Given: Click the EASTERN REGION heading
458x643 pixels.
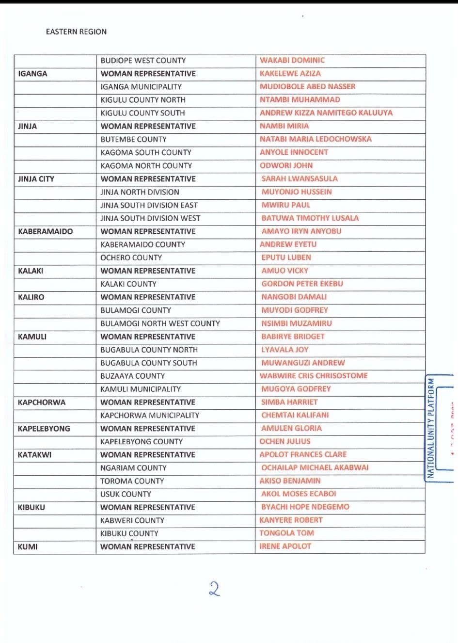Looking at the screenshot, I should pos(76,32).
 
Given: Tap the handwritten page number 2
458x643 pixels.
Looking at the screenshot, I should pos(214,589).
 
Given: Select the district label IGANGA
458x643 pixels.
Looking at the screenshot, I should pos(32,74).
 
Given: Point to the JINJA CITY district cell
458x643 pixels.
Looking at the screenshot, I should pos(36,179).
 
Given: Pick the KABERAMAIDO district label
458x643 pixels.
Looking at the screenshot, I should pos(45,231).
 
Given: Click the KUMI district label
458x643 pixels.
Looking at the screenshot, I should pos(28,547).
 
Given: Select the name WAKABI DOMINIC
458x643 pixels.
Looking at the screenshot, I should pos(292,60).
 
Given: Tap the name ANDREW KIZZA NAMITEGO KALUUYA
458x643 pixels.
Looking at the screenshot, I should pos(326,113).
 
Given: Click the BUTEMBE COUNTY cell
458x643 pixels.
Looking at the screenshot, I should pos(133,139).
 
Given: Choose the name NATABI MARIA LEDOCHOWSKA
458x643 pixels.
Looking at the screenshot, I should pos(315,139).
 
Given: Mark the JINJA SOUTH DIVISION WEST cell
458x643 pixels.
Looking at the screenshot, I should pos(150,218).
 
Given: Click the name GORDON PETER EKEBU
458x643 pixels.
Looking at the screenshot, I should pos(302,284).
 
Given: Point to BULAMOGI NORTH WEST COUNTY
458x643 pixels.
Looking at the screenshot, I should pos(160,323).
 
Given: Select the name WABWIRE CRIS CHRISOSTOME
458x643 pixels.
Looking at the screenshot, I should pos(313,375).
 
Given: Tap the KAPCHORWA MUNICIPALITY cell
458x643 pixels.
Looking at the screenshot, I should pos(149,415).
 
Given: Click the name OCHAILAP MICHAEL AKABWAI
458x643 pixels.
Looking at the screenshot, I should pos(315,467).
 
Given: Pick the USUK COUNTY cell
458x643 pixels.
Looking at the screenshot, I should pos(126,494).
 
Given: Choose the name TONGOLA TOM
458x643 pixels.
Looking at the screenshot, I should pos(286,533).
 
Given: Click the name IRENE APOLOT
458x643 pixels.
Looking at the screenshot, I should pos(285,546).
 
